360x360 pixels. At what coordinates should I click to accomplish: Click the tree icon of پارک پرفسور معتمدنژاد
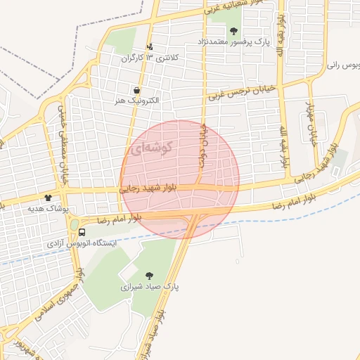pyautogui.click(x=233, y=31)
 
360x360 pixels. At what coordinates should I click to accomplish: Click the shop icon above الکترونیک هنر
pyautogui.click(x=136, y=90)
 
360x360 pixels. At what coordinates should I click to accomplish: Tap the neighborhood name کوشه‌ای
pyautogui.click(x=148, y=148)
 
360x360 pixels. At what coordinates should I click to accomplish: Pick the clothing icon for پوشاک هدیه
pyautogui.click(x=49, y=198)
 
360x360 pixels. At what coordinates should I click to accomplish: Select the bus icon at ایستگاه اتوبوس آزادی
pyautogui.click(x=82, y=231)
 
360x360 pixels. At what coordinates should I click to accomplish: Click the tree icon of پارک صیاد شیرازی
pyautogui.click(x=148, y=276)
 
